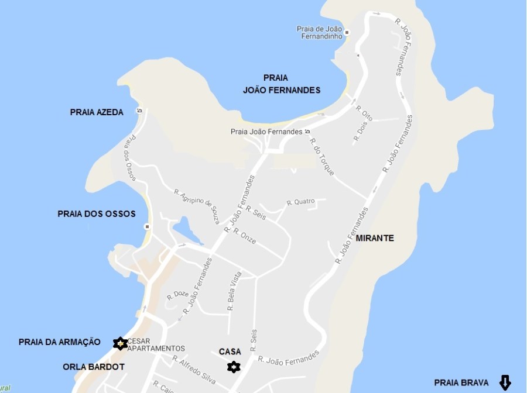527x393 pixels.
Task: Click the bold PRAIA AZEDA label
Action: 97,112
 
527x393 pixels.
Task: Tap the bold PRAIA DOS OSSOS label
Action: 97,214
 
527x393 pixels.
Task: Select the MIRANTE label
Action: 375,238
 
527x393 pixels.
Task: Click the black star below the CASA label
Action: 234,367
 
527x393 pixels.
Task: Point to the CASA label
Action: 230,351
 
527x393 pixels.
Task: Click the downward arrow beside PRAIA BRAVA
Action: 505,382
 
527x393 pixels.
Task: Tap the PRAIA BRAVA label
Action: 461,382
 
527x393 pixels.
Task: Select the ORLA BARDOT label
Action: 94,367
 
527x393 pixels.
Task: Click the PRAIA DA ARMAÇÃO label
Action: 60,342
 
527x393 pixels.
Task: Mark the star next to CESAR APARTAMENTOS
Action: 120,343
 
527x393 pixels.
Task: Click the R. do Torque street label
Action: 322,156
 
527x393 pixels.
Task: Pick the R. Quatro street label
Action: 300,202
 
